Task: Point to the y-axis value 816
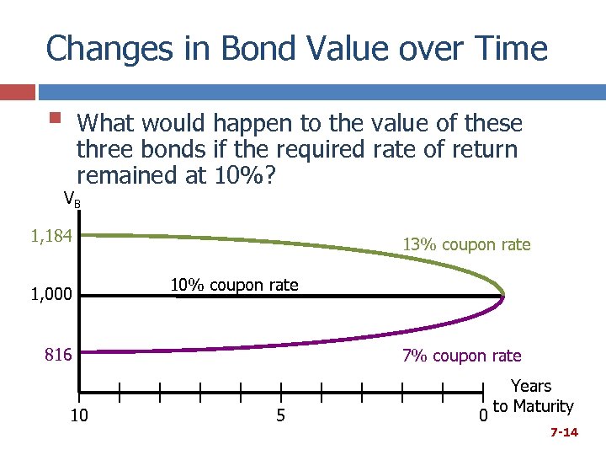[58, 355]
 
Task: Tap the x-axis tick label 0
[482, 415]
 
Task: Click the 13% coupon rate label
[466, 245]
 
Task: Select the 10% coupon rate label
[234, 285]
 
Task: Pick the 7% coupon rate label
[461, 356]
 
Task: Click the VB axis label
[72, 200]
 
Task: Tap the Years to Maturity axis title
[532, 396]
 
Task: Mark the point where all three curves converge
[502, 296]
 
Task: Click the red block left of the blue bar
[18, 92]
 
